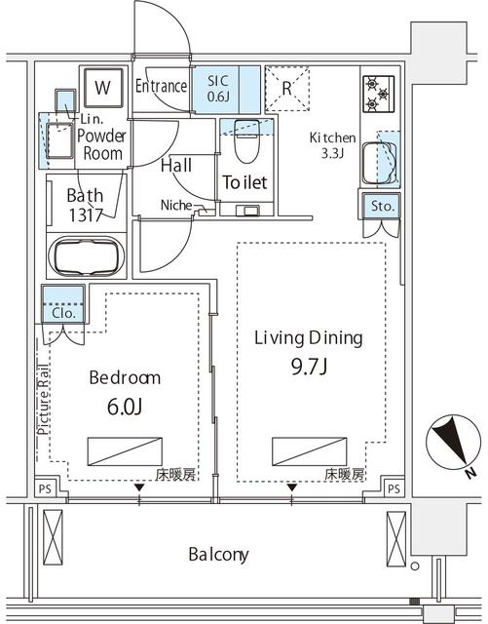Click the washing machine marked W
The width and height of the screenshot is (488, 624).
pyautogui.click(x=103, y=88)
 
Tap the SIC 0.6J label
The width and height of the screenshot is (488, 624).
pyautogui.click(x=218, y=88)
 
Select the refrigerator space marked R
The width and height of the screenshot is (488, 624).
pyautogui.click(x=287, y=89)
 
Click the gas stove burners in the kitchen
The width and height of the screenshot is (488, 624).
pyautogui.click(x=378, y=94)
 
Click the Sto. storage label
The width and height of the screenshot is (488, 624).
pyautogui.click(x=383, y=206)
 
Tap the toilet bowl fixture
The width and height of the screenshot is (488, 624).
pyautogui.click(x=246, y=141)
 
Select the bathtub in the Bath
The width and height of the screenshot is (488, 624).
pyautogui.click(x=87, y=257)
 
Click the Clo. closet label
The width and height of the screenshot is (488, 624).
pyautogui.click(x=63, y=313)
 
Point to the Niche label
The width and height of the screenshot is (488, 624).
pyautogui.click(x=176, y=206)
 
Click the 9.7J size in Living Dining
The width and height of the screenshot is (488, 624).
pyautogui.click(x=309, y=367)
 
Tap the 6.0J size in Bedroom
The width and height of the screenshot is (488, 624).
pyautogui.click(x=125, y=407)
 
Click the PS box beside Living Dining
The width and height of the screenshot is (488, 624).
pyautogui.click(x=394, y=488)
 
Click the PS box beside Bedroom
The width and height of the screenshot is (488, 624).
pyautogui.click(x=45, y=488)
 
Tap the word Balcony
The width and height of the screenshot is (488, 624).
pyautogui.click(x=219, y=555)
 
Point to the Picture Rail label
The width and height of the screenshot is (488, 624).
pyautogui.click(x=44, y=399)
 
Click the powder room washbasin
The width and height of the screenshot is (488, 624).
pyautogui.click(x=59, y=140)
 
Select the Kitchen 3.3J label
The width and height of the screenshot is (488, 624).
pyautogui.click(x=332, y=145)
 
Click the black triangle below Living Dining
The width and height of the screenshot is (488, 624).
pyautogui.click(x=292, y=487)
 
